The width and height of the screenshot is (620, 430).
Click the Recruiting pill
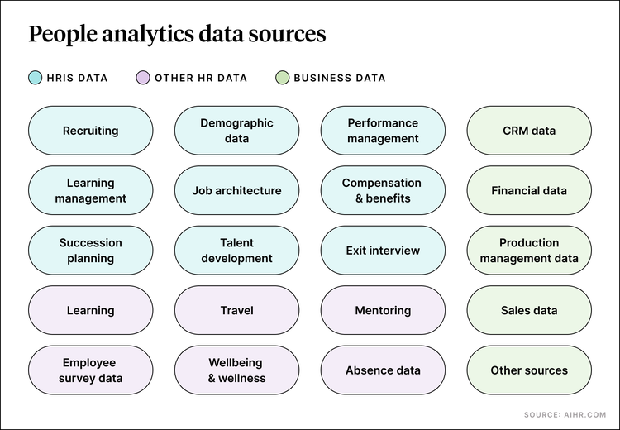(x=91, y=131)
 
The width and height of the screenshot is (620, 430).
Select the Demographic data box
(x=236, y=131)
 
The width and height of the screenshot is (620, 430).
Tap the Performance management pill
(x=383, y=131)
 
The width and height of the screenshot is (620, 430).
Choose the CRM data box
(x=529, y=131)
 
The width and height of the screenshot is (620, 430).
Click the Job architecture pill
(x=236, y=191)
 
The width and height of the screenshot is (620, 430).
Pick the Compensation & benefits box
(x=383, y=191)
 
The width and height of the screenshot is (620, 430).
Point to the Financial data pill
(x=529, y=191)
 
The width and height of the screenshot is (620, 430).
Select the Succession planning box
(x=91, y=251)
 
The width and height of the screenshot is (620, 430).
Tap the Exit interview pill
(x=383, y=251)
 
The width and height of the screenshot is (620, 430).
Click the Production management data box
(x=529, y=251)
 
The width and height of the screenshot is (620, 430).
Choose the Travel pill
(x=236, y=311)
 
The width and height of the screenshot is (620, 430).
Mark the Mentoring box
(x=383, y=311)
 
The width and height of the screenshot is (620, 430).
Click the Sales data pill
(x=529, y=311)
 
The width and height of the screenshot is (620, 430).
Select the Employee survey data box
(x=91, y=370)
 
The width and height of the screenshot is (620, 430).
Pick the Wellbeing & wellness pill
(x=236, y=370)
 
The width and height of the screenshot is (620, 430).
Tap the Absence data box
(x=383, y=370)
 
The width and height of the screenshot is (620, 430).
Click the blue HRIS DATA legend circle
(x=35, y=79)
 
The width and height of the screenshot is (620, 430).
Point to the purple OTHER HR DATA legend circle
(x=141, y=79)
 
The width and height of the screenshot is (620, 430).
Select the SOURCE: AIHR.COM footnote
(x=565, y=414)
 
